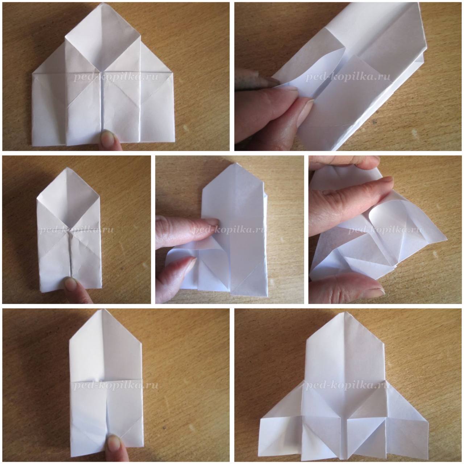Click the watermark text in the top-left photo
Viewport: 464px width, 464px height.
[x=116, y=77]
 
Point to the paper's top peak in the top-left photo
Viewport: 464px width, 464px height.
[x=103, y=3]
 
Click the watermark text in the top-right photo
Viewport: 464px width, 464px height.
[x=348, y=77]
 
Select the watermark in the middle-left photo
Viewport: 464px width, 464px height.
[x=76, y=230]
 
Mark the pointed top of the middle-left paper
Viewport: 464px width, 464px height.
[x=68, y=168]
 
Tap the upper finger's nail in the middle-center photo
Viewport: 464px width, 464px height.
[x=211, y=221]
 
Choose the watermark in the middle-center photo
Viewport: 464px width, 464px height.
[x=229, y=230]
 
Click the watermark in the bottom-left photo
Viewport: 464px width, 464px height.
[x=116, y=384]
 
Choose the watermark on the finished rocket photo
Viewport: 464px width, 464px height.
[x=348, y=384]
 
